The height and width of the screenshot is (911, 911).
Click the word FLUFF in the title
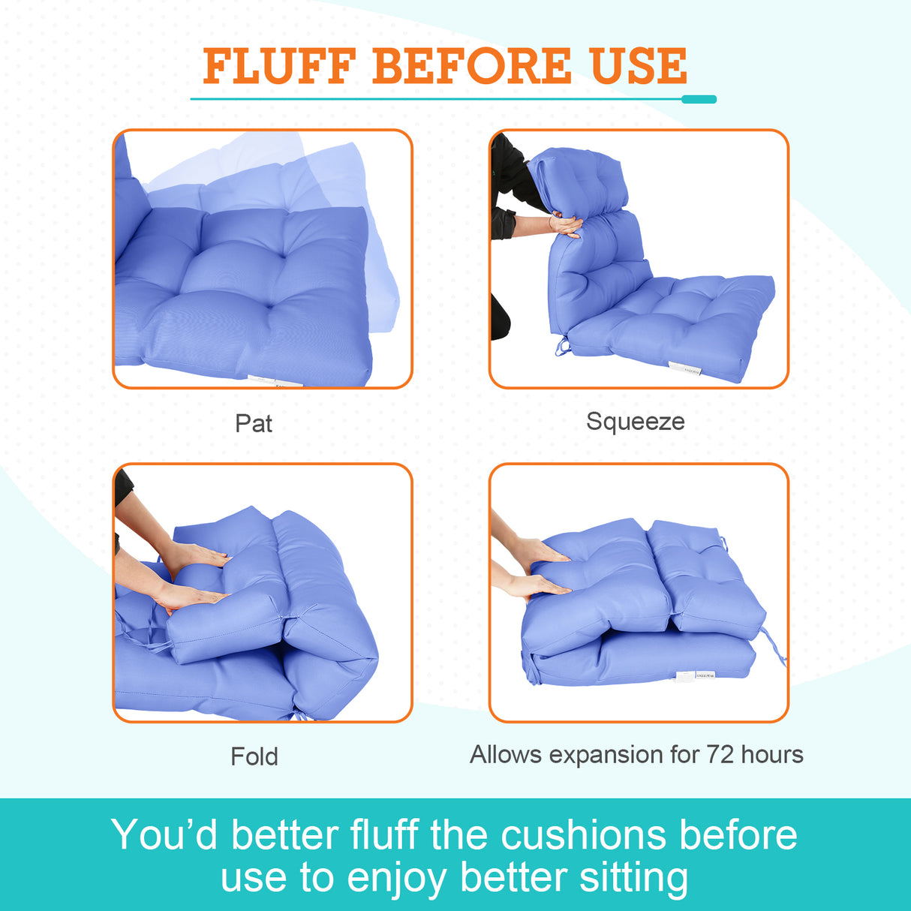278,66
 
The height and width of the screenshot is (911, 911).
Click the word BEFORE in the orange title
472,66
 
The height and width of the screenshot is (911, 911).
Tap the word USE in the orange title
639,66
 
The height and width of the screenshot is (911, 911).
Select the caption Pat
254,423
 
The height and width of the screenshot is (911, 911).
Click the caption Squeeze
635,422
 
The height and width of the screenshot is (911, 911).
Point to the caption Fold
254,756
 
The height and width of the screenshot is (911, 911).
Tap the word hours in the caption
772,754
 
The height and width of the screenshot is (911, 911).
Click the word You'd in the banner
164,834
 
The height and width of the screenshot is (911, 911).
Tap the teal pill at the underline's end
699,99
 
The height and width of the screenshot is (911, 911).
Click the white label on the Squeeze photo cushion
684,368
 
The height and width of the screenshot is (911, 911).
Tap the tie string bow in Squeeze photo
561,347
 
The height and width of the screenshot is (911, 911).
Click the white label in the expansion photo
695,675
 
